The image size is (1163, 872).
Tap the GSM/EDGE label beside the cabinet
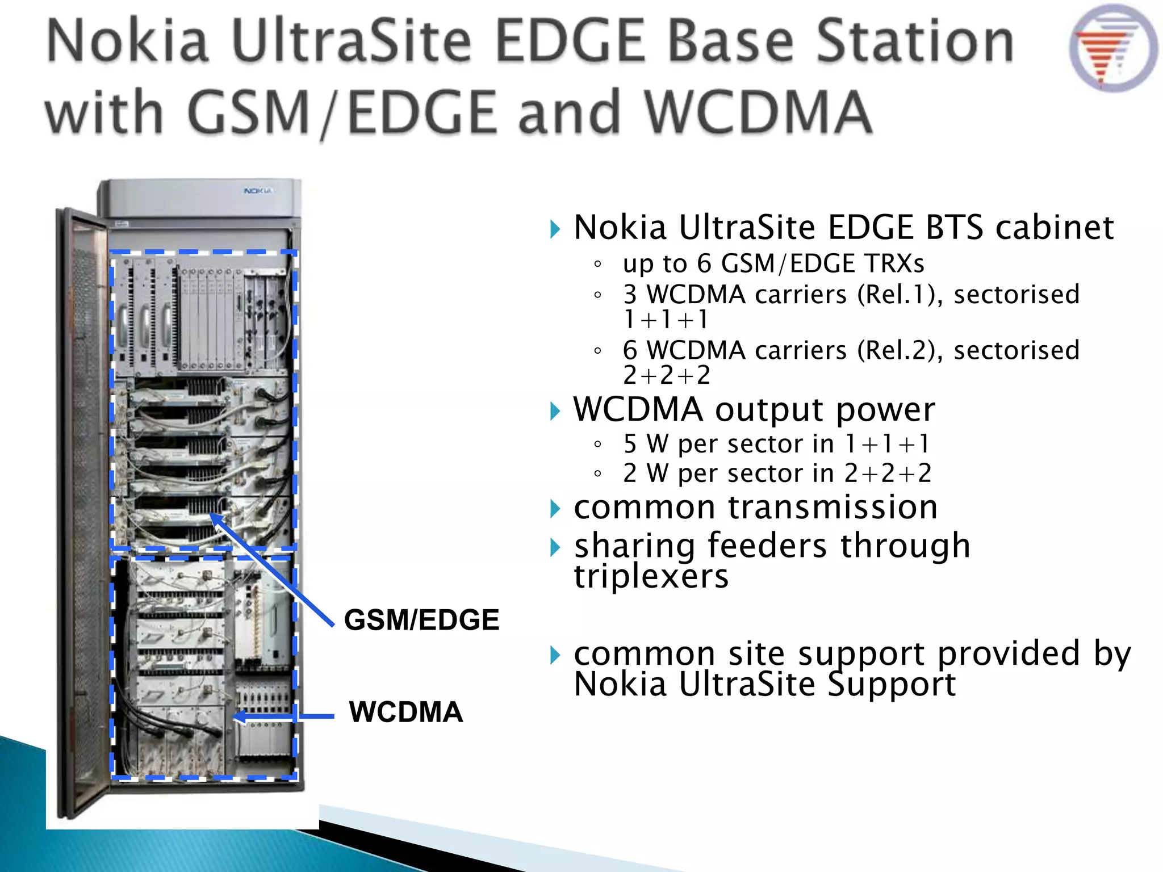(x=421, y=619)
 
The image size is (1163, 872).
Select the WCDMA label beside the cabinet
(x=406, y=712)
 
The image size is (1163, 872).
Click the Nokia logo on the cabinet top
(x=258, y=191)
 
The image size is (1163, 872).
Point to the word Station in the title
(x=915, y=41)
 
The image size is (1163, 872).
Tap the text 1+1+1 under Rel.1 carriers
(x=666, y=320)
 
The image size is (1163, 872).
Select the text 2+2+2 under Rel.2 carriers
(x=667, y=375)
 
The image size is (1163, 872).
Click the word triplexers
(x=651, y=576)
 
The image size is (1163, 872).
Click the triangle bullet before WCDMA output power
(x=555, y=411)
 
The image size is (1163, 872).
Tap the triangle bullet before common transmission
(x=555, y=508)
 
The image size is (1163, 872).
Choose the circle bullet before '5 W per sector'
(x=597, y=445)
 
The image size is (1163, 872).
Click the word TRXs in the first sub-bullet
(x=894, y=263)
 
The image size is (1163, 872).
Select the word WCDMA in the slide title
(x=759, y=112)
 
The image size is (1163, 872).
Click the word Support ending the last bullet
(x=892, y=685)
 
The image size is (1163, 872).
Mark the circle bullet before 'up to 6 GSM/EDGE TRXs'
(x=597, y=264)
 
